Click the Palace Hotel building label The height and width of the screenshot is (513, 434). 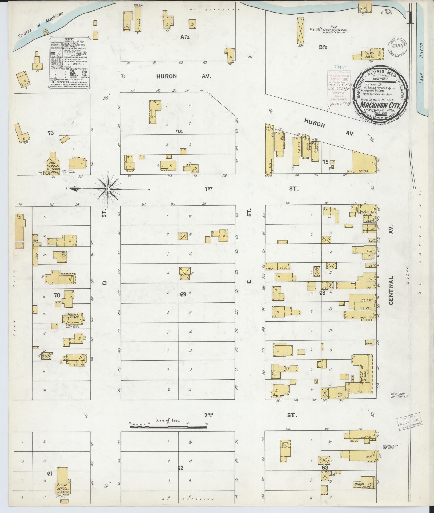point(370,55)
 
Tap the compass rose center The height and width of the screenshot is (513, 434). point(107,189)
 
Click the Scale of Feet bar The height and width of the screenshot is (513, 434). point(168,427)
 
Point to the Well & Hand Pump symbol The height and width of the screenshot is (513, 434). point(385,446)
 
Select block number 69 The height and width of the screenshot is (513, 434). point(183,294)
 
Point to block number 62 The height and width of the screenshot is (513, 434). point(180,468)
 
